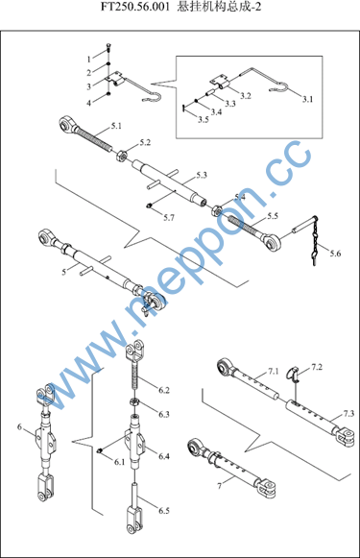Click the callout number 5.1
116,126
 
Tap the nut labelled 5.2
121,156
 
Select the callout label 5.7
169,217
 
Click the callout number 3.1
308,99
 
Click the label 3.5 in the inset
204,119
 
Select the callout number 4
89,103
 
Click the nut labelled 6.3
134,402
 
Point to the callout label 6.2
164,390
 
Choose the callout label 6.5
164,511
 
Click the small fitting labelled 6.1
100,450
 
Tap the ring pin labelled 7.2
294,374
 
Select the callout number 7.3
348,414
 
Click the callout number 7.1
274,372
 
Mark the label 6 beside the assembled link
19,426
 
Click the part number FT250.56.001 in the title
134,7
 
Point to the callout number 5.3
202,175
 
